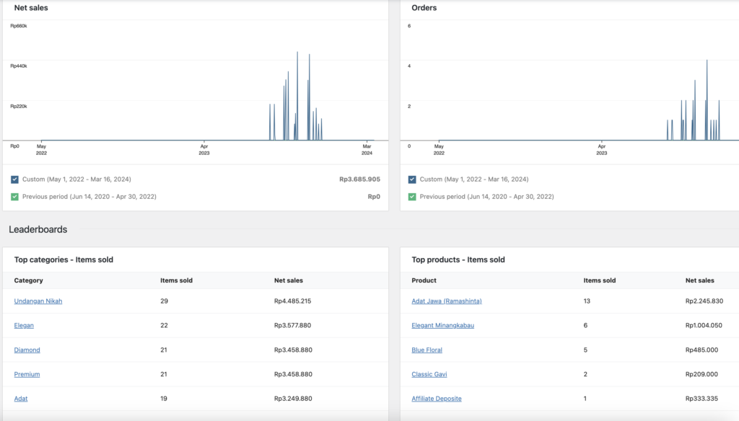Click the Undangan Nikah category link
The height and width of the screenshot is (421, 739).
click(x=38, y=301)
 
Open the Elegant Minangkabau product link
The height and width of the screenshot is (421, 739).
click(x=442, y=326)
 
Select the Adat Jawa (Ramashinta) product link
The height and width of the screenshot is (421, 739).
click(x=446, y=301)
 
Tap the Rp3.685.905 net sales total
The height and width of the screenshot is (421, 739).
click(x=359, y=180)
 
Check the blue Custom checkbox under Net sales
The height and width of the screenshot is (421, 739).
click(x=15, y=180)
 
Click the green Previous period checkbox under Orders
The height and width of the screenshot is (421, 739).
click(x=412, y=196)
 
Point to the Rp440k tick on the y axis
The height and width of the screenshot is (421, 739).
click(x=19, y=66)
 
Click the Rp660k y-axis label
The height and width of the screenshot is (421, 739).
click(x=19, y=26)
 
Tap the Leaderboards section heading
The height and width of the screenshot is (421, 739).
click(x=38, y=230)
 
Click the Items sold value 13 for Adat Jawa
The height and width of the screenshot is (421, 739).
click(x=587, y=301)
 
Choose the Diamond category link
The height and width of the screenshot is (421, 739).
click(x=27, y=350)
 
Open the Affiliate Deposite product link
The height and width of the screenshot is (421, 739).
click(x=437, y=399)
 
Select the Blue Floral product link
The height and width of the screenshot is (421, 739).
click(x=427, y=350)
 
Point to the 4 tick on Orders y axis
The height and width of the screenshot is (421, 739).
click(x=409, y=66)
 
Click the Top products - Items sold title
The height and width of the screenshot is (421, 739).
click(x=458, y=260)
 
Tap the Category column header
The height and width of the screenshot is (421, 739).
click(x=29, y=280)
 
